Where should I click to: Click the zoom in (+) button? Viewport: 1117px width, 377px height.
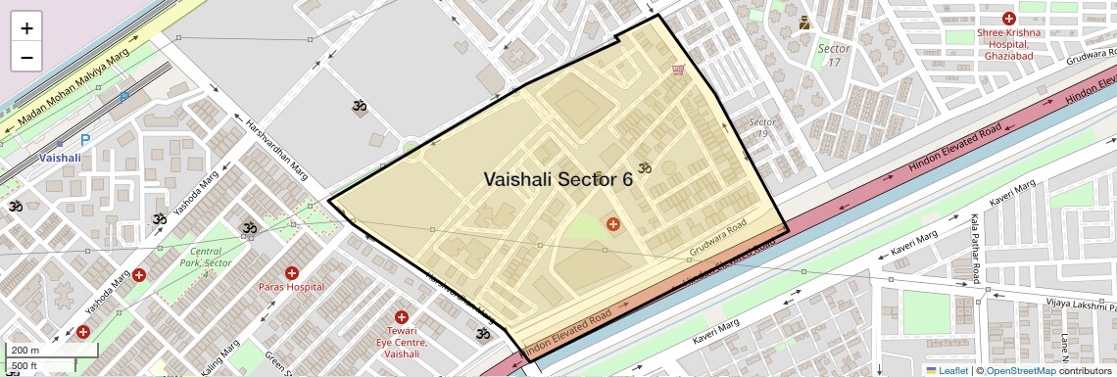tap(26, 28)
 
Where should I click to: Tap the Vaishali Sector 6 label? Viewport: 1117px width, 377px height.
tap(558, 179)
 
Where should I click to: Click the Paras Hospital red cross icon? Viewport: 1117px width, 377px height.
tap(291, 272)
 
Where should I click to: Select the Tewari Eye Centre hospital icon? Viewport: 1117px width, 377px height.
tap(401, 316)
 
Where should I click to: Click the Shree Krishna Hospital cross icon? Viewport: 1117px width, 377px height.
tap(1008, 19)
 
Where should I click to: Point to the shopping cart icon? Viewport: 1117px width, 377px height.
tap(677, 70)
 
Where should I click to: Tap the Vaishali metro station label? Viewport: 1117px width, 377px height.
tap(61, 157)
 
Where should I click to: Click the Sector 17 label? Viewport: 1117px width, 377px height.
tap(834, 55)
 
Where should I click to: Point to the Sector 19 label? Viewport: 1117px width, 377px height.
tap(762, 128)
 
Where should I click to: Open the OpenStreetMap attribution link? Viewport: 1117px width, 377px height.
tap(1020, 370)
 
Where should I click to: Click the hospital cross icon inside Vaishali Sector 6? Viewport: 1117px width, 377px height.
tap(613, 224)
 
